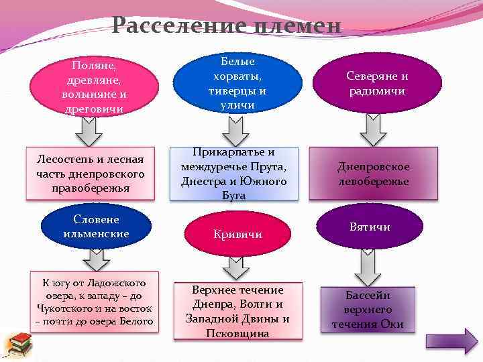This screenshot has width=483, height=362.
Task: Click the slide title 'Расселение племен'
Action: tap(227, 26)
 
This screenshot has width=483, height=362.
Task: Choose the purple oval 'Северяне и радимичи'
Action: tap(377, 84)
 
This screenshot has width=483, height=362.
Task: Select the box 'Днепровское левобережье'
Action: tap(373, 174)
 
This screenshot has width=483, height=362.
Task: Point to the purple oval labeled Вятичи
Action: tap(370, 227)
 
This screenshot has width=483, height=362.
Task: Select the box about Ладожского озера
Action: tap(95, 302)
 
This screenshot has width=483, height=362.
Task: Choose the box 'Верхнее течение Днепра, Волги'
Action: tap(237, 311)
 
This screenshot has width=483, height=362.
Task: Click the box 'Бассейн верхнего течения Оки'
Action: tap(368, 310)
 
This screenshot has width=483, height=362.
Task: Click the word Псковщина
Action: tap(237, 333)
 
